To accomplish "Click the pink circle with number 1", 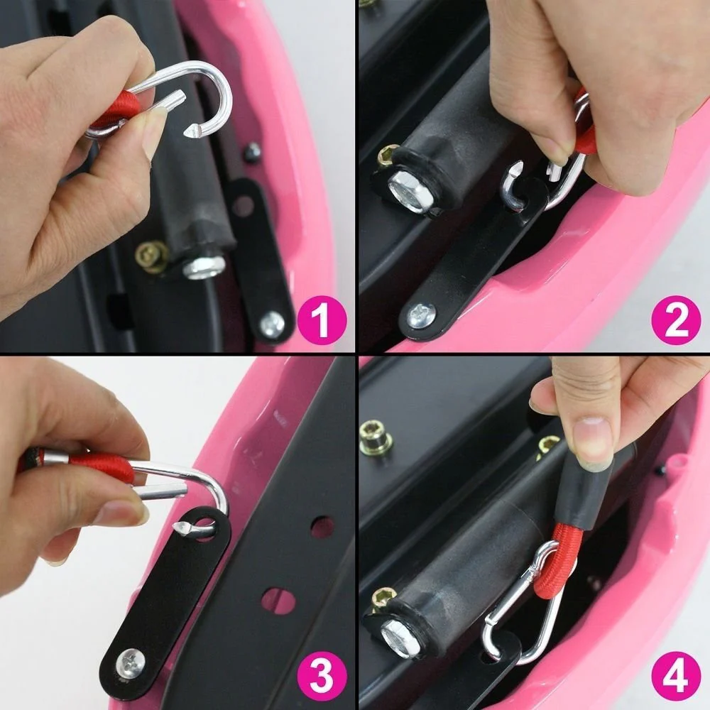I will click(322, 319).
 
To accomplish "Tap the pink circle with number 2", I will click(675, 319).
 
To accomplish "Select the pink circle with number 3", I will click(322, 674).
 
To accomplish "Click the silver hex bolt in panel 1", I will click(204, 267).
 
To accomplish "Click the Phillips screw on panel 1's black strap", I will click(271, 324).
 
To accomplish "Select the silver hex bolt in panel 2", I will click(409, 190).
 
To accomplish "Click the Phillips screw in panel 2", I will click(420, 315).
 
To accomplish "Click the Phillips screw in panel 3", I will click(130, 662).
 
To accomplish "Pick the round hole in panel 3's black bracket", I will click(322, 527).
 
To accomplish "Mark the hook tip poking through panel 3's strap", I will click(186, 529).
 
